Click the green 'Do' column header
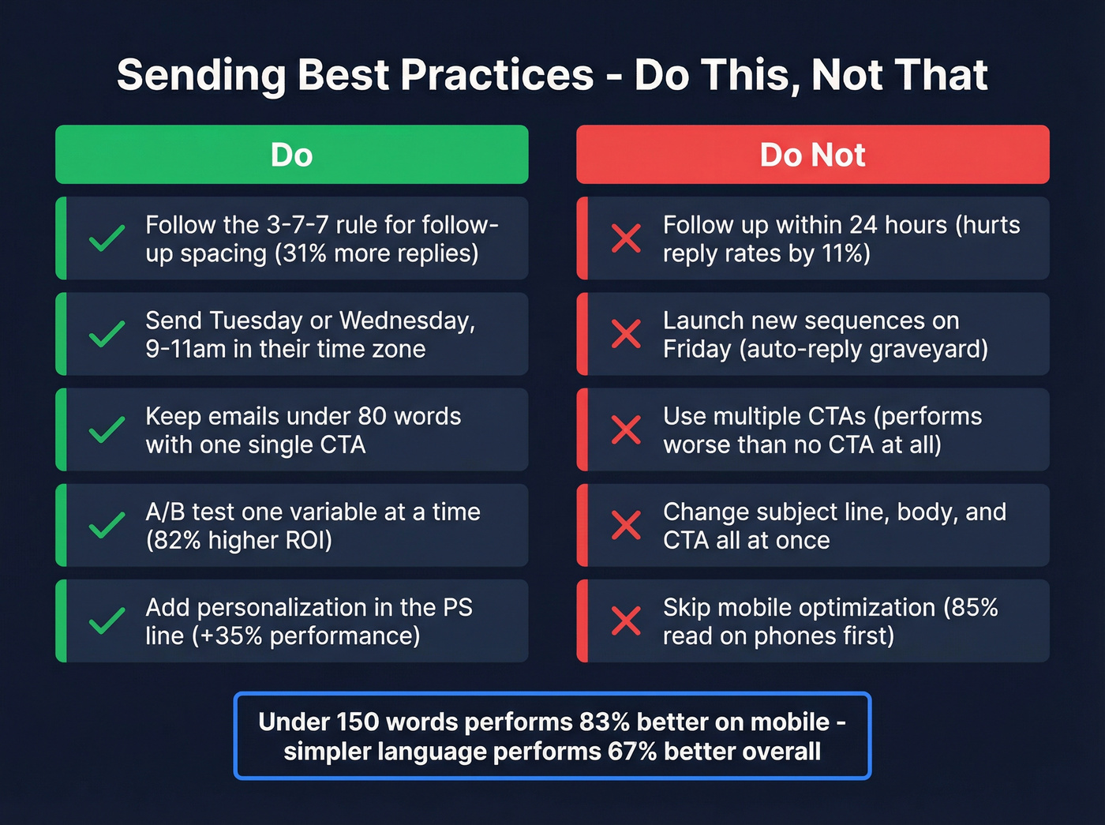pos(291,155)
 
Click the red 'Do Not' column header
pos(812,155)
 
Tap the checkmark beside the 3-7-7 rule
pos(107,238)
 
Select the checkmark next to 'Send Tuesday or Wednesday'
pos(107,334)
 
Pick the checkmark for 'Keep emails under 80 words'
pos(107,429)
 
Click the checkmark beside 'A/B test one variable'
pos(107,525)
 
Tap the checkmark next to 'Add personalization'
pos(107,621)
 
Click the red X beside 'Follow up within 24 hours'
pos(626,238)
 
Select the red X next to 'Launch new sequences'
pos(626,334)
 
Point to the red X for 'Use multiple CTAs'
pos(626,429)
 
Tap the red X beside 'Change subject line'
pos(626,525)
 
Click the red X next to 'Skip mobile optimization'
pos(626,621)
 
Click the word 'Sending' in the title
pos(200,76)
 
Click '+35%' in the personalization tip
pos(228,636)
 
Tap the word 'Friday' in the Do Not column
pos(697,349)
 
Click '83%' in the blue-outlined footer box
pos(604,722)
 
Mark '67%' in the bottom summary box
pos(632,752)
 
